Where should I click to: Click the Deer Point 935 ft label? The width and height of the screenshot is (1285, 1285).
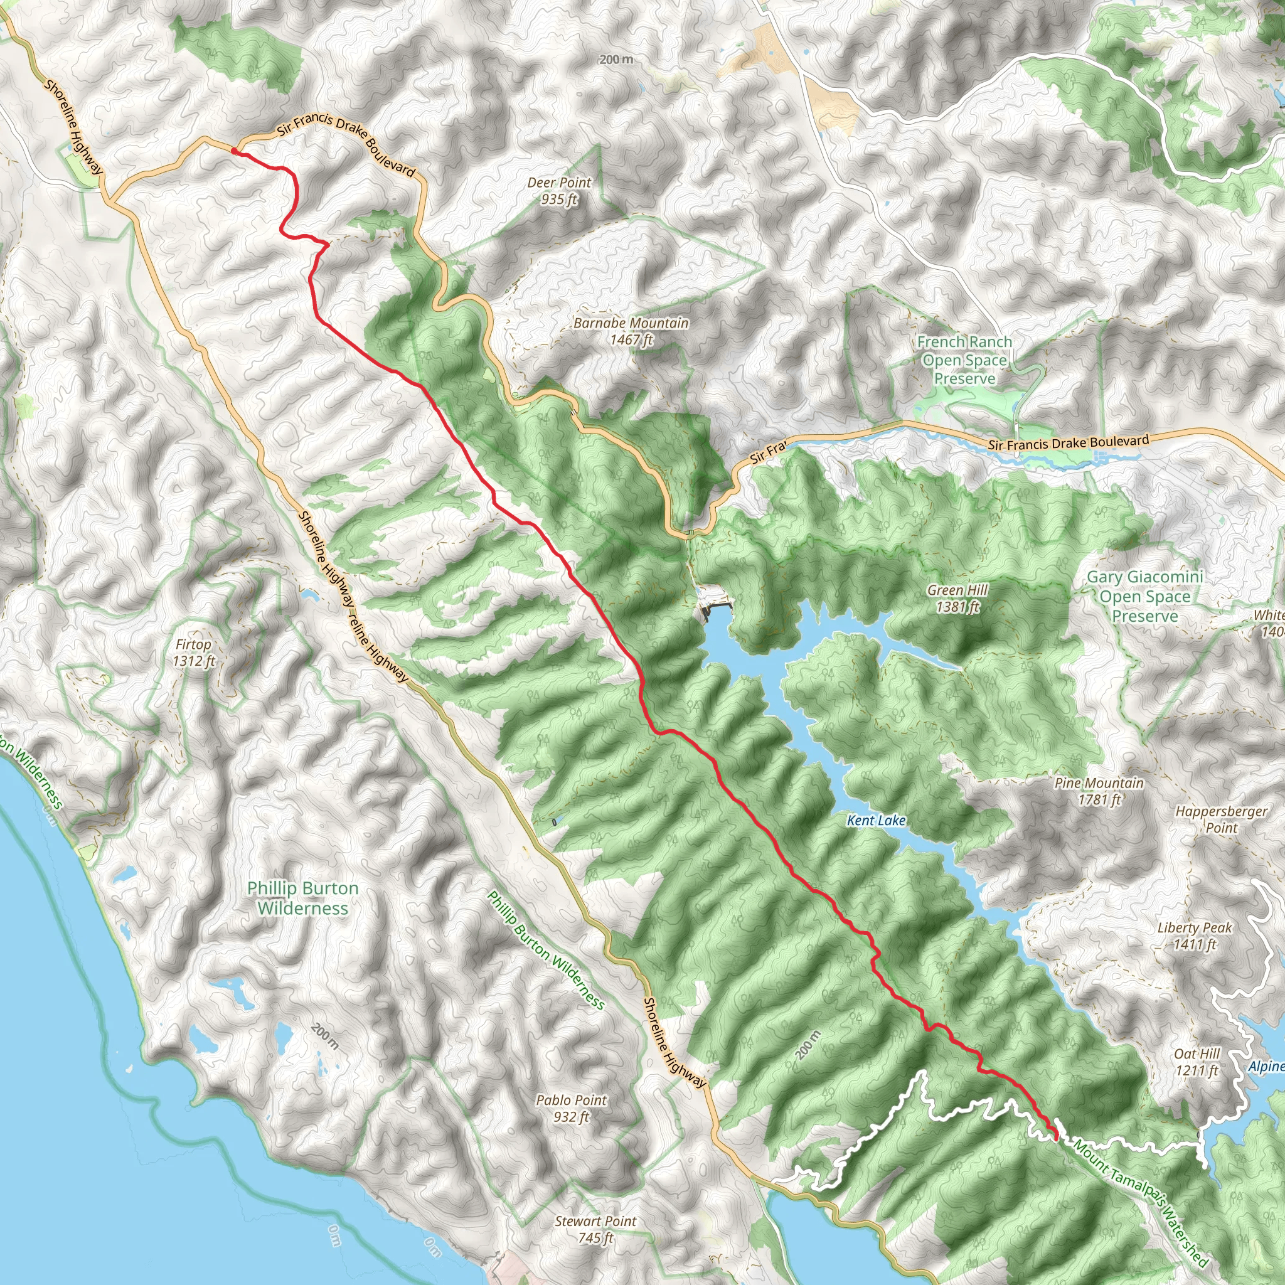558,191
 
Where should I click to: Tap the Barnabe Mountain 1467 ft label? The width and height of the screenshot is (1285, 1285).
631,331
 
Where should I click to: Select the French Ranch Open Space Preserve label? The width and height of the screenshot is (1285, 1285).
964,360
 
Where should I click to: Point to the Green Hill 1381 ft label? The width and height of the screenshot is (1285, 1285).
957,598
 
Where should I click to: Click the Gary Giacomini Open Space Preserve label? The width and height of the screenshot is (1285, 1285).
1144,596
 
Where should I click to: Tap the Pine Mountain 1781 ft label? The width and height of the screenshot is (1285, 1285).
1099,791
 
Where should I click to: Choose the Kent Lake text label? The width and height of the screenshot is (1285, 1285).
876,821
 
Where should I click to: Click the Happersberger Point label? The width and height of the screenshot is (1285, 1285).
1221,819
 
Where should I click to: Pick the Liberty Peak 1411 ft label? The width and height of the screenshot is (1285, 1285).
1195,935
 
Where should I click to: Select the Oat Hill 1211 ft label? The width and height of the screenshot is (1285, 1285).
1197,1062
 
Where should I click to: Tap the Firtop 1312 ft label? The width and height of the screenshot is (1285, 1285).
193,653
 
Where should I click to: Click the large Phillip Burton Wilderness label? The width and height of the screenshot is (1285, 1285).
302,898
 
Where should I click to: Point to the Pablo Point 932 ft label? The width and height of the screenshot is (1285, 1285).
572,1108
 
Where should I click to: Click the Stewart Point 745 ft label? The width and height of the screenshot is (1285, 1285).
595,1229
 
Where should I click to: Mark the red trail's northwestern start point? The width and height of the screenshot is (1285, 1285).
234,151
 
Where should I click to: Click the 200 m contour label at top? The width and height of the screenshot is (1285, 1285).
616,60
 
